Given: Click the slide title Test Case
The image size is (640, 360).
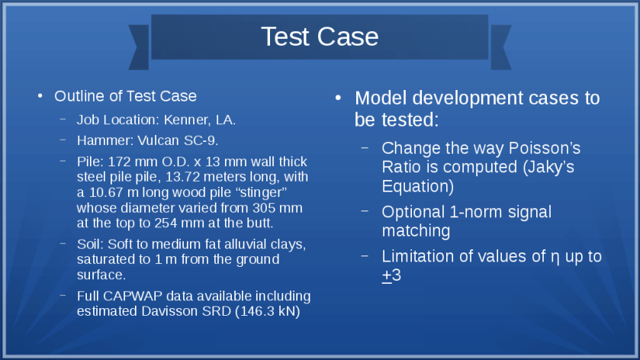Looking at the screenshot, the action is (x=320, y=37).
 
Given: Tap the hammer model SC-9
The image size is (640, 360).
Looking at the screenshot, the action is (x=201, y=140).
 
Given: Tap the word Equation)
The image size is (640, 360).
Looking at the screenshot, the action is (x=418, y=187).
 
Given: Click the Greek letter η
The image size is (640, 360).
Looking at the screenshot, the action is (x=555, y=257).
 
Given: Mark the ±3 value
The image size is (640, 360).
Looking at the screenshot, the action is (x=391, y=275).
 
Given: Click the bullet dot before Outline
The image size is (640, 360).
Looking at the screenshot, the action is (x=40, y=96).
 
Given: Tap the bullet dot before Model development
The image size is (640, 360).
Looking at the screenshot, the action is (x=338, y=98).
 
